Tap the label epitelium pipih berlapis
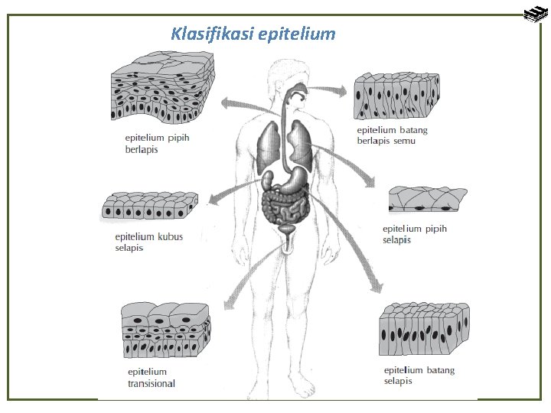tap(156, 144)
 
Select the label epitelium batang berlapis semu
tap(392, 135)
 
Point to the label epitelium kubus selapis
tap(148, 242)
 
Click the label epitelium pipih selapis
tap(414, 234)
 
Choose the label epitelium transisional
tap(151, 378)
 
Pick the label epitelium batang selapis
tap(419, 375)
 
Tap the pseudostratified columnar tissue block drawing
tap(396, 96)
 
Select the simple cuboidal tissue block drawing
tap(148, 207)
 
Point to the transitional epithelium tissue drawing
tap(165, 329)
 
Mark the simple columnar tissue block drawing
tap(423, 330)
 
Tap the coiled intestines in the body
tap(284, 205)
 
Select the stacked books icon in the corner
tap(533, 13)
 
